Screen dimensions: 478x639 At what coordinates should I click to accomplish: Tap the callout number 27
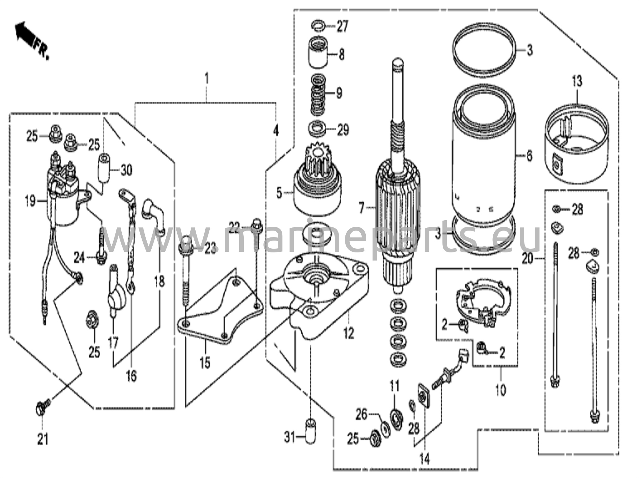coord(342,27)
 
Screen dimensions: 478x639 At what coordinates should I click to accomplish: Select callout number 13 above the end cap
coord(577,82)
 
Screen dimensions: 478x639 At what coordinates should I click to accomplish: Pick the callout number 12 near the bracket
coord(349,334)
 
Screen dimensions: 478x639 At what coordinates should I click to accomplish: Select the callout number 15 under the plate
coord(205,363)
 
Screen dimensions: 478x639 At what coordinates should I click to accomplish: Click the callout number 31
coord(289,438)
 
